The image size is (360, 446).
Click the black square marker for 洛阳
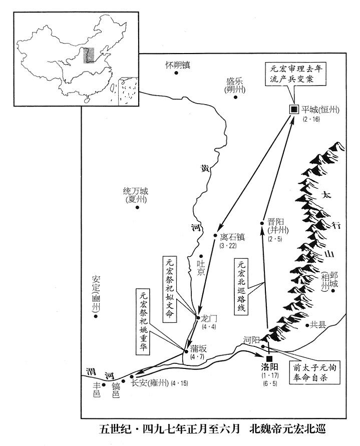point(269,359)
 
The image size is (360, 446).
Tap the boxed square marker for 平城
point(294,109)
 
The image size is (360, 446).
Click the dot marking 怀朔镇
point(176,73)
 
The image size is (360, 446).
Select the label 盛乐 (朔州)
point(235,86)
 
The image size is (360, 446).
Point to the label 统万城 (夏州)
point(136,195)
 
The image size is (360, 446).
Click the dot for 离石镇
point(215,235)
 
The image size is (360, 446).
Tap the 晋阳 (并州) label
point(278,226)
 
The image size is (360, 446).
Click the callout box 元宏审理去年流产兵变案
point(294,74)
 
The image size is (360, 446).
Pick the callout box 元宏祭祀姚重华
point(143,322)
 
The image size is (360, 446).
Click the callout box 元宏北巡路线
point(241,286)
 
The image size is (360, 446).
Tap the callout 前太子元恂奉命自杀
point(314,372)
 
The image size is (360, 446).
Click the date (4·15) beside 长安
point(179,383)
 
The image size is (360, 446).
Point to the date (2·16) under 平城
point(311,119)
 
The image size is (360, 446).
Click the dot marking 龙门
point(198,317)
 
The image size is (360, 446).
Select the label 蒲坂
point(199,349)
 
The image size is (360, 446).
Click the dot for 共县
point(307,325)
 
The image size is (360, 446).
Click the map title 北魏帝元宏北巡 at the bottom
point(288,428)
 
